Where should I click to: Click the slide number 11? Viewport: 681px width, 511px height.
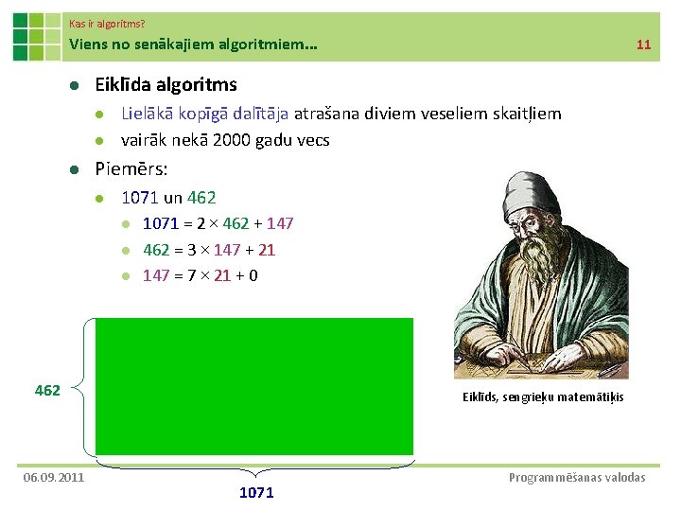644,44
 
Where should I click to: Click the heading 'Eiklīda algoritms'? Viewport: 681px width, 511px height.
166,84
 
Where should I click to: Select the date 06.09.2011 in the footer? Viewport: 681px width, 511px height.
54,477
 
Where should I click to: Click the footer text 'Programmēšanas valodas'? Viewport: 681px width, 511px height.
577,477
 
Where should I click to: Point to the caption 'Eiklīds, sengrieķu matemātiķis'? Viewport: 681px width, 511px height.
543,396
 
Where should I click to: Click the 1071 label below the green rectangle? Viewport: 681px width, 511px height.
256,492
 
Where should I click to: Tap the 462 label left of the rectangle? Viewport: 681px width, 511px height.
47,390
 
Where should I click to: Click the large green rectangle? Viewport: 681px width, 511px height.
254,386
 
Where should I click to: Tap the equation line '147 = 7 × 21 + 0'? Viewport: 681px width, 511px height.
201,275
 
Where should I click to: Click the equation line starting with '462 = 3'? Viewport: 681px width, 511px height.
209,250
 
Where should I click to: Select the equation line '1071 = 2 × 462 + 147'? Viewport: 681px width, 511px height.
218,223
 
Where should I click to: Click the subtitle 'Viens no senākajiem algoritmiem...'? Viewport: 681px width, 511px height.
193,44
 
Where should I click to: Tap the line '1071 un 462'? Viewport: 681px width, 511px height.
168,198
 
